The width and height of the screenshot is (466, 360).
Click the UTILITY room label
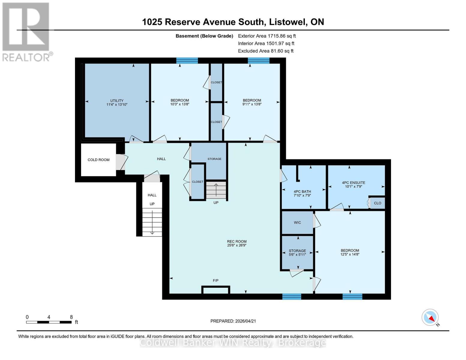[117, 101]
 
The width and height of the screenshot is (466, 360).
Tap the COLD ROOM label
[98, 160]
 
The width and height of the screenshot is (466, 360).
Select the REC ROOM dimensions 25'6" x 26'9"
[237, 245]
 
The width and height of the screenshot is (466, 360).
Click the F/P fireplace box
[216, 290]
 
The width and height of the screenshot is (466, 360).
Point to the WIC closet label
[297, 223]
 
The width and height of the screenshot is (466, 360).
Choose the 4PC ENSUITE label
[353, 182]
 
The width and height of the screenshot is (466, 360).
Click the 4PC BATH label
[302, 191]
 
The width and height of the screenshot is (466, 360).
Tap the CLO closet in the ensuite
[377, 203]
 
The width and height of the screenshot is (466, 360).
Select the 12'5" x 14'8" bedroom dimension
[350, 254]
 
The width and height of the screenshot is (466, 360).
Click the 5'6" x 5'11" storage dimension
[297, 255]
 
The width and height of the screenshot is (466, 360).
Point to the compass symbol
[430, 317]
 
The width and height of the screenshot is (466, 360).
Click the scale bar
[49, 322]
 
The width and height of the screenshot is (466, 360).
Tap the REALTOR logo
[26, 31]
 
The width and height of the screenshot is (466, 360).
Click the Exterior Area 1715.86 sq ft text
[267, 36]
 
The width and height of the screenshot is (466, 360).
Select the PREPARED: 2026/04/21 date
[233, 321]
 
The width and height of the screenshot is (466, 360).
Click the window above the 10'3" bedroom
[187, 61]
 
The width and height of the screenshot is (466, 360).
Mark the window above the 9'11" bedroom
[258, 61]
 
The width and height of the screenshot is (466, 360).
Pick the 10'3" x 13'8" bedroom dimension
[180, 104]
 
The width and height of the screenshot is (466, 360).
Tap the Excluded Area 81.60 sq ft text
[266, 51]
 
